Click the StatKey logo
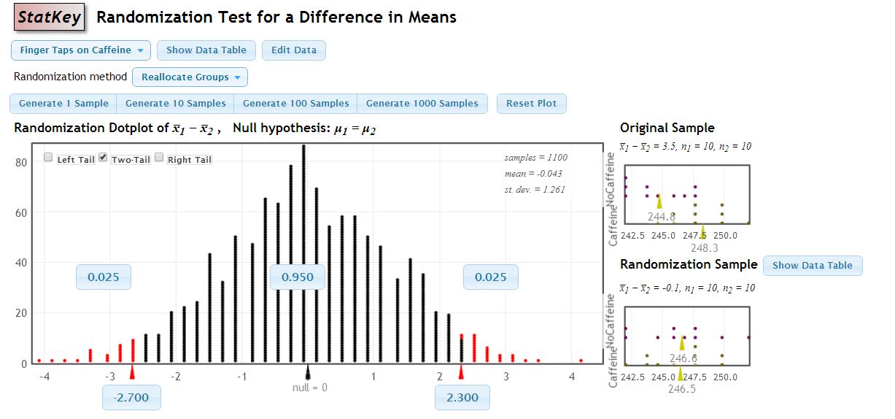[50, 18]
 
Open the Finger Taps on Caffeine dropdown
[81, 50]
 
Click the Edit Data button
[294, 50]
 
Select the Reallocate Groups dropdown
[190, 77]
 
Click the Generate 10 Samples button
[176, 104]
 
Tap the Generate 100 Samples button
[296, 104]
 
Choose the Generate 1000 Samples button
[422, 104]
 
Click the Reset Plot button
[532, 104]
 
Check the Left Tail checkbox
[48, 158]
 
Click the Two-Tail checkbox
[103, 158]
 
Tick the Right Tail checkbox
[159, 158]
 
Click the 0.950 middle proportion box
[298, 277]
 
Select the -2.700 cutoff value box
[131, 398]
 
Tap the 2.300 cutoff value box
[462, 398]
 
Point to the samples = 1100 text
[535, 158]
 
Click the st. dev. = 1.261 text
[535, 190]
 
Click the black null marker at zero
[308, 372]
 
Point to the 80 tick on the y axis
[21, 163]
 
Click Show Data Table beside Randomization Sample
[813, 266]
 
